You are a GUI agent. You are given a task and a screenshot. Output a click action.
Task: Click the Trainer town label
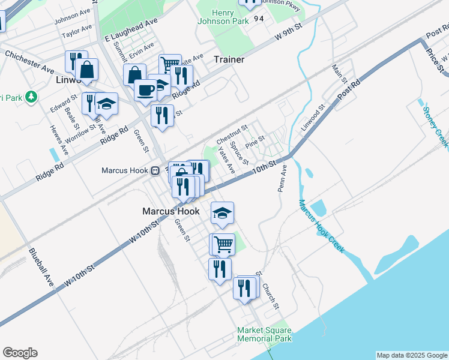pyautogui.click(x=229, y=59)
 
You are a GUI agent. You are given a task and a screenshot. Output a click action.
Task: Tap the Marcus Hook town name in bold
pyautogui.click(x=171, y=211)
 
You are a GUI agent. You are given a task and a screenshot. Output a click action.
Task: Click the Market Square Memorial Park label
pyautogui.click(x=264, y=334)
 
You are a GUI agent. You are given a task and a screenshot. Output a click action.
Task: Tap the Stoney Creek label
pyautogui.click(x=435, y=127)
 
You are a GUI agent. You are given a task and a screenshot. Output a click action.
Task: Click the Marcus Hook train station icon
pyautogui.click(x=155, y=170)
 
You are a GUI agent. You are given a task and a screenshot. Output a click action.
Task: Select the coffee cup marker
pyautogui.click(x=145, y=90)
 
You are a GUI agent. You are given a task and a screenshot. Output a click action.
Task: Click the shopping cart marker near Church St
pyautogui.click(x=223, y=244)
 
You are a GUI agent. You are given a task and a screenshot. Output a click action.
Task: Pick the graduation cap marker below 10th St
pyautogui.click(x=222, y=213)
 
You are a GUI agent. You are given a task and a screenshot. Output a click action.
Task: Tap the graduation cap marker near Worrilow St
pyautogui.click(x=106, y=104)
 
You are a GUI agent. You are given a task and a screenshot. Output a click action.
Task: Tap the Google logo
pyautogui.click(x=20, y=353)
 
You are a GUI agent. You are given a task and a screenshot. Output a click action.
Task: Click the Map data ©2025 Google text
pyautogui.click(x=411, y=355)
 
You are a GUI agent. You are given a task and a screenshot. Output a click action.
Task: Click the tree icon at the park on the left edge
pyautogui.click(x=31, y=96)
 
